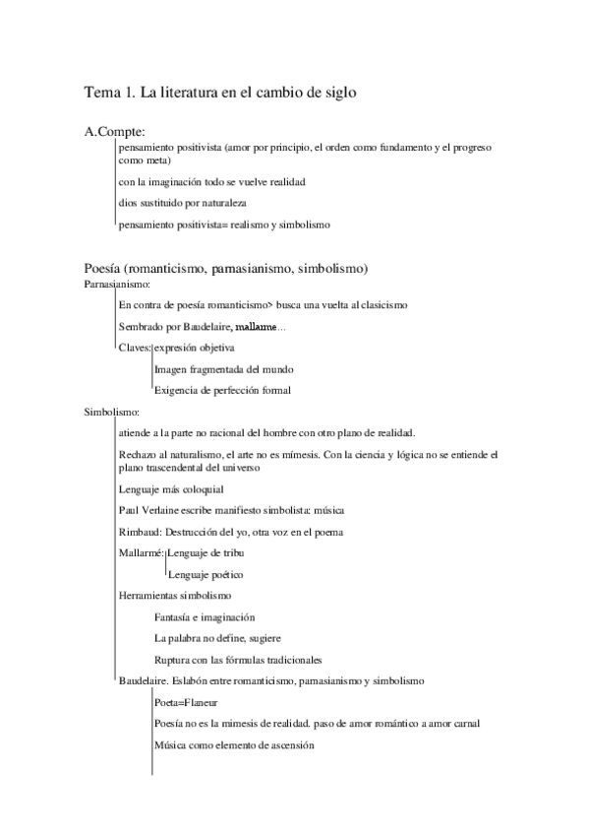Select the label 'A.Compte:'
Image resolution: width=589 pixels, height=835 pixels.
tap(116, 131)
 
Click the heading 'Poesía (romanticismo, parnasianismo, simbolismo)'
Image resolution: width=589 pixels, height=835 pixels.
tap(226, 268)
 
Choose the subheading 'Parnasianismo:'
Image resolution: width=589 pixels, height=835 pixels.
tap(115, 285)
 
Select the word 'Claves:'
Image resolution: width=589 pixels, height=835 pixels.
tap(135, 348)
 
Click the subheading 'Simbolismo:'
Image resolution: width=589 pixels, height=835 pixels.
tap(111, 413)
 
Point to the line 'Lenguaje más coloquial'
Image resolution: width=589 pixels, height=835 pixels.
tap(170, 488)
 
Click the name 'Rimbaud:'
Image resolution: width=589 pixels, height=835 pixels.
tap(139, 532)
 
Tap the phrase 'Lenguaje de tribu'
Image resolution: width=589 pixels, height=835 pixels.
tap(208, 553)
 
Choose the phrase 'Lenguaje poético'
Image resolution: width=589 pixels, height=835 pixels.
tap(206, 574)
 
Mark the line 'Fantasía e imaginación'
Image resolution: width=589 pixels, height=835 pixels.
tap(205, 617)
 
